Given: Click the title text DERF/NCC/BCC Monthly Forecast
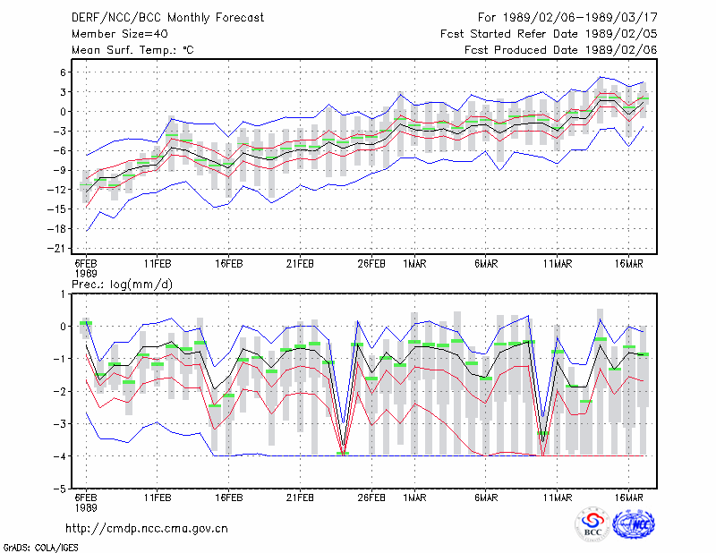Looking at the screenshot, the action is click(167, 18).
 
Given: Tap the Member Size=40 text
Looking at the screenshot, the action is click(120, 34).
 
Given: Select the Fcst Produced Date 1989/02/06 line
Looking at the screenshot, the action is click(561, 50).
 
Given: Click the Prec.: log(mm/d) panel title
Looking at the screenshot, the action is click(122, 285).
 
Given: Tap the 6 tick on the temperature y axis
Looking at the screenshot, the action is click(63, 72).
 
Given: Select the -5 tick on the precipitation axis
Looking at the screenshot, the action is click(60, 489).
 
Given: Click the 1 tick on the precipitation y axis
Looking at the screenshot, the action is click(63, 294).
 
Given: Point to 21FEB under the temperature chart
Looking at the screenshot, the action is click(300, 264).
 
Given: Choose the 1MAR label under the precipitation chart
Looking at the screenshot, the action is click(414, 498).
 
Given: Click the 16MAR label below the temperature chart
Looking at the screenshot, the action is click(629, 264).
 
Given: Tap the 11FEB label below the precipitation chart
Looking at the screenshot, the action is click(158, 498).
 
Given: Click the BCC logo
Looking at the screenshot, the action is click(592, 525).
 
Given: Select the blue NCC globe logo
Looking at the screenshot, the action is click(634, 524).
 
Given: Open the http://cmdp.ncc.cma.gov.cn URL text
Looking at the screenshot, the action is click(147, 529).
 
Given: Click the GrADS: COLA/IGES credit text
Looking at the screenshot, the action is click(40, 548).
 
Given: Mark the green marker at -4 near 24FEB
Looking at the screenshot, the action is click(343, 453).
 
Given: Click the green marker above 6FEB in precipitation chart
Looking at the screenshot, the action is click(86, 323).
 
